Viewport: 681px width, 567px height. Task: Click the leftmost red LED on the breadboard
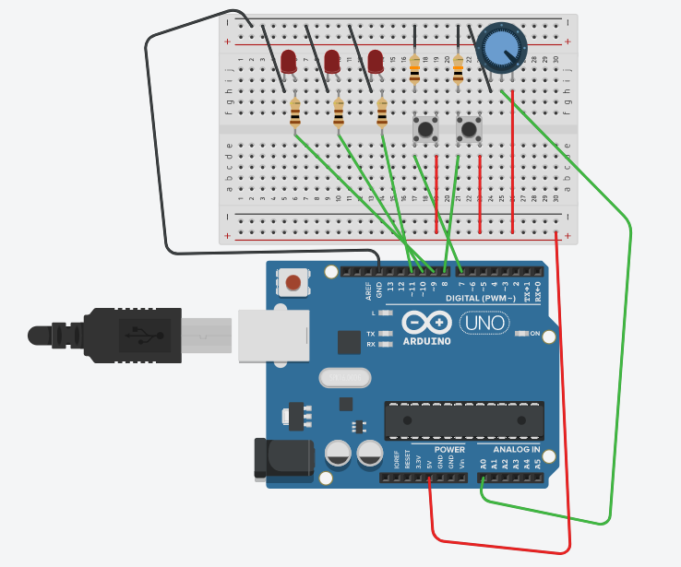[x=289, y=62]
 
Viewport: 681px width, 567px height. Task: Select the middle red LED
[x=332, y=62]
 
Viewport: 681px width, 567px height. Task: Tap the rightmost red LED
[x=376, y=62]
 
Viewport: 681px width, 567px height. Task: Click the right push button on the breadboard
[x=469, y=129]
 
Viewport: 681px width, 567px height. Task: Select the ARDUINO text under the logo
[x=427, y=341]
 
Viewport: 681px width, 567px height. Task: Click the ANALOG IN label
[x=509, y=449]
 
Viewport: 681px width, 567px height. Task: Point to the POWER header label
[x=449, y=449]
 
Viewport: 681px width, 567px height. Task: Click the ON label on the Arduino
[x=533, y=334]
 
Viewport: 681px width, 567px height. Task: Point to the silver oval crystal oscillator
[x=343, y=377]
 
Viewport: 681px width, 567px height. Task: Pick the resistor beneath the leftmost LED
[x=295, y=113]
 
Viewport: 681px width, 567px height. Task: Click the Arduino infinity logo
[x=426, y=323]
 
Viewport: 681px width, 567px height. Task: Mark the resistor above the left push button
[x=414, y=69]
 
